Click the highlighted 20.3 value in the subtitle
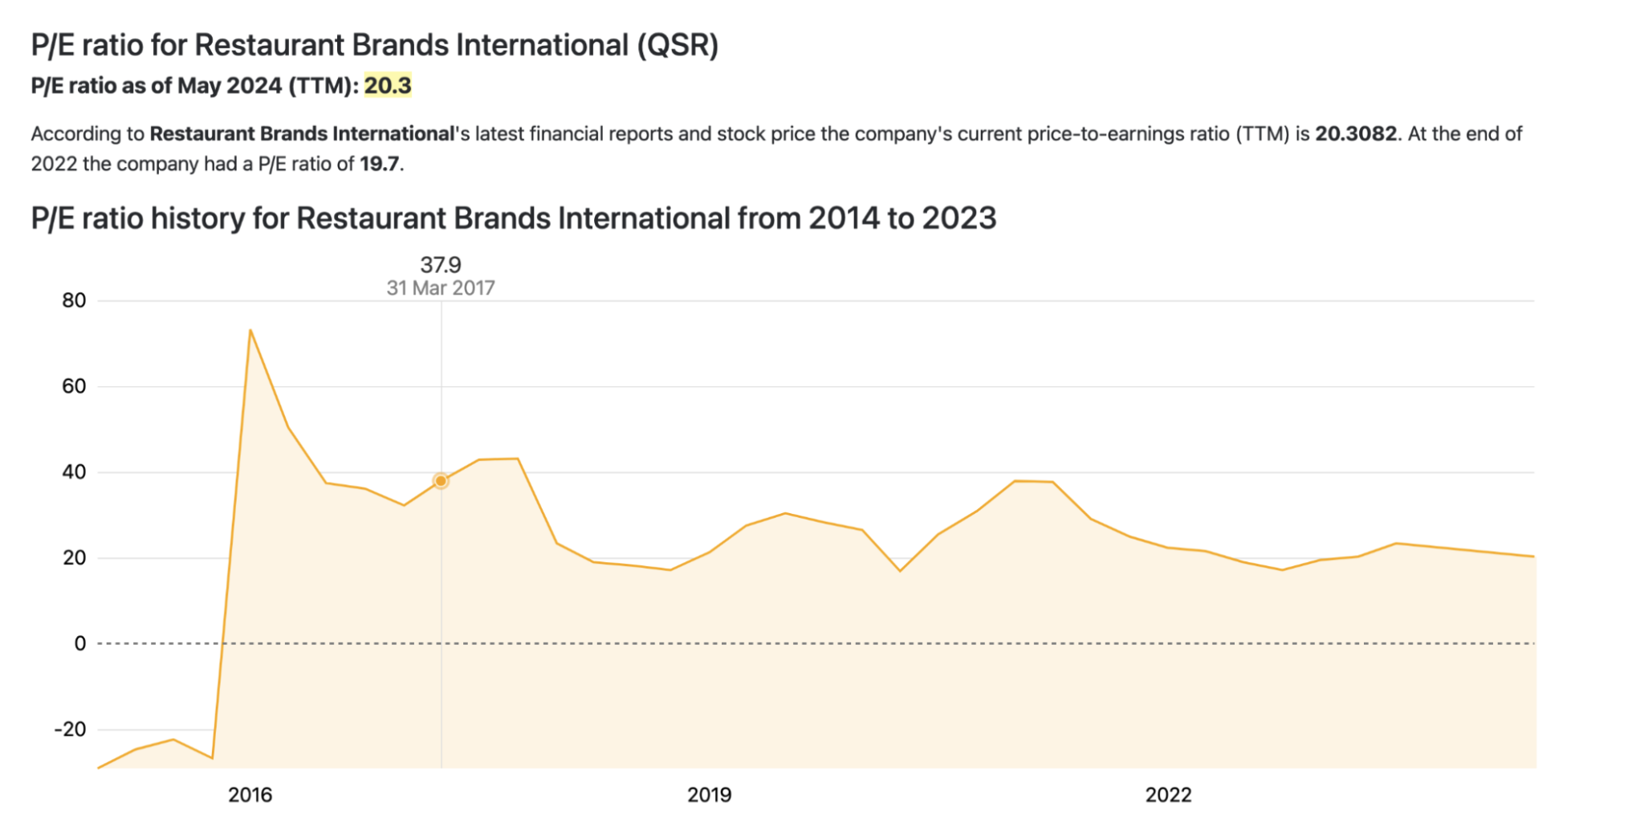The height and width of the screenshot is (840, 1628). (x=388, y=86)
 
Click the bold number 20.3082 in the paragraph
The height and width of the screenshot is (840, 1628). (x=1356, y=133)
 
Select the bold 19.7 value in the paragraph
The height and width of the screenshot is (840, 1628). (x=379, y=164)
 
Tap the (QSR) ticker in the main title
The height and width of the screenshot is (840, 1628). (x=678, y=45)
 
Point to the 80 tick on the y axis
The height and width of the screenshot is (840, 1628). (x=74, y=300)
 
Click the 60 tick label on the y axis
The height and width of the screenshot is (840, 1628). (x=74, y=386)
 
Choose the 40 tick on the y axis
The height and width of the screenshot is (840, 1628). (x=74, y=472)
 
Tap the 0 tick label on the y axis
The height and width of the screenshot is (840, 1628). (x=79, y=643)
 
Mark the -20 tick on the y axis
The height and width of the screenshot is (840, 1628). (x=70, y=729)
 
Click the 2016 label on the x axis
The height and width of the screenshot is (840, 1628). (x=250, y=795)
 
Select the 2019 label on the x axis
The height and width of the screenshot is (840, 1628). (x=709, y=795)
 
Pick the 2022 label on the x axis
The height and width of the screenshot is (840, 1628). (x=1168, y=795)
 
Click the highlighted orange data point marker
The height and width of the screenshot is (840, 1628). (x=441, y=481)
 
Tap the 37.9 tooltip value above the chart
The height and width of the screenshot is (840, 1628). (x=441, y=264)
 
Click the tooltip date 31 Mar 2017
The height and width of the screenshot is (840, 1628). (x=441, y=287)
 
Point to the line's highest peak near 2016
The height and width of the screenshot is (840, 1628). (x=250, y=330)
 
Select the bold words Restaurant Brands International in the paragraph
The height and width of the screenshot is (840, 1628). (x=302, y=133)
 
